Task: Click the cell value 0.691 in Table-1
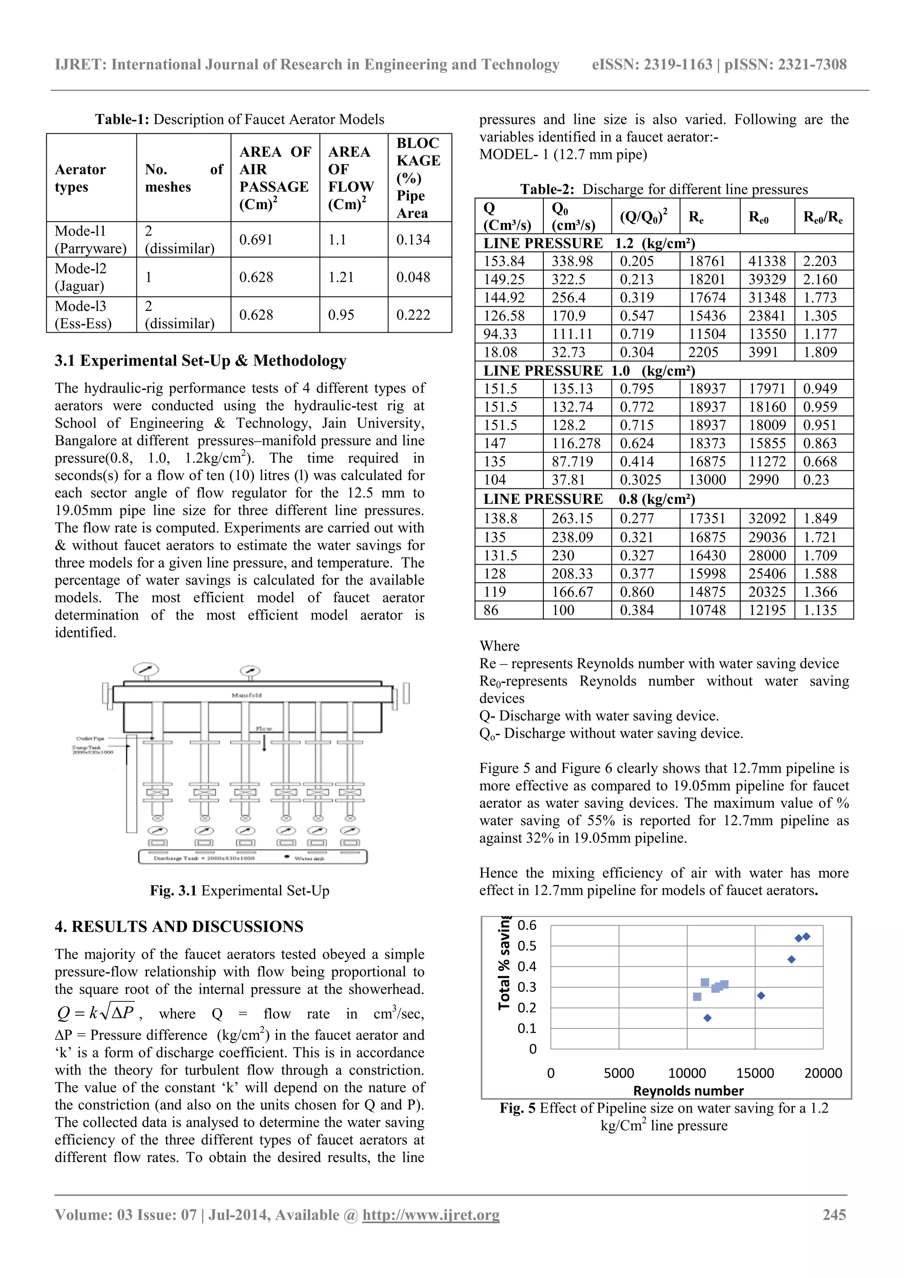point(256,240)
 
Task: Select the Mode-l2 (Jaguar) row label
point(80,277)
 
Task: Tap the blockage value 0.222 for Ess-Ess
point(413,315)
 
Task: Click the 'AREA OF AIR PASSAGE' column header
point(275,178)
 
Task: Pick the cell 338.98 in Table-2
point(572,261)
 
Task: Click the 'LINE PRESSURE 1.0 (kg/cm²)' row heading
point(589,371)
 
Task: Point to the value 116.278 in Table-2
point(576,444)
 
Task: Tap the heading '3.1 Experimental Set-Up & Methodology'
point(200,361)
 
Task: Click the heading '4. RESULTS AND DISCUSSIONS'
point(179,927)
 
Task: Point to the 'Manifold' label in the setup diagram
point(246,695)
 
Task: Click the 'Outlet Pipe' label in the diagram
point(90,738)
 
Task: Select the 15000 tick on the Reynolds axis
point(755,1073)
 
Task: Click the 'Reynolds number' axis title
point(689,1091)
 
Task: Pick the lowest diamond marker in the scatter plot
point(708,1018)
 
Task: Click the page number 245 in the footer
point(834,1215)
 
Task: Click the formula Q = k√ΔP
point(96,1013)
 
